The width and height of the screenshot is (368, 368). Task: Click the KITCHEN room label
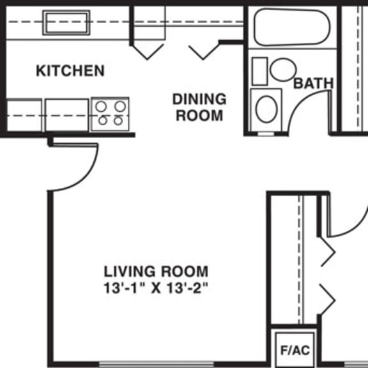(70, 71)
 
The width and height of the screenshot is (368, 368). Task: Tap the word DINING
(199, 99)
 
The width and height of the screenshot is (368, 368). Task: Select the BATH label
(314, 83)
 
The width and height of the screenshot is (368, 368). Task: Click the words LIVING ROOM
(156, 272)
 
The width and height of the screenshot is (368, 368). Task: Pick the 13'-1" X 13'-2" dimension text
(156, 288)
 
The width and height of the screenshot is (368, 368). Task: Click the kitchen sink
(66, 23)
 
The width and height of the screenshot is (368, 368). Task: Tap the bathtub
(292, 27)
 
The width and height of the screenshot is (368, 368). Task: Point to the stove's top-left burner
(101, 107)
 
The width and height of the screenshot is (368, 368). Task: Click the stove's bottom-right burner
(118, 121)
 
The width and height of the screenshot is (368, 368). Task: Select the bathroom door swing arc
(298, 103)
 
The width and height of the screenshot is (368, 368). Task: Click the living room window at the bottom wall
(157, 364)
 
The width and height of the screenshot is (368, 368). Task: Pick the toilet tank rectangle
(260, 71)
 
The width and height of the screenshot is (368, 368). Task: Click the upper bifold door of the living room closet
(327, 252)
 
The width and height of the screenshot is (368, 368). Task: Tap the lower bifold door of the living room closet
(327, 300)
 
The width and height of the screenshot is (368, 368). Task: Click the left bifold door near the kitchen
(147, 52)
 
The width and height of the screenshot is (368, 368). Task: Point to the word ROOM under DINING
(199, 116)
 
